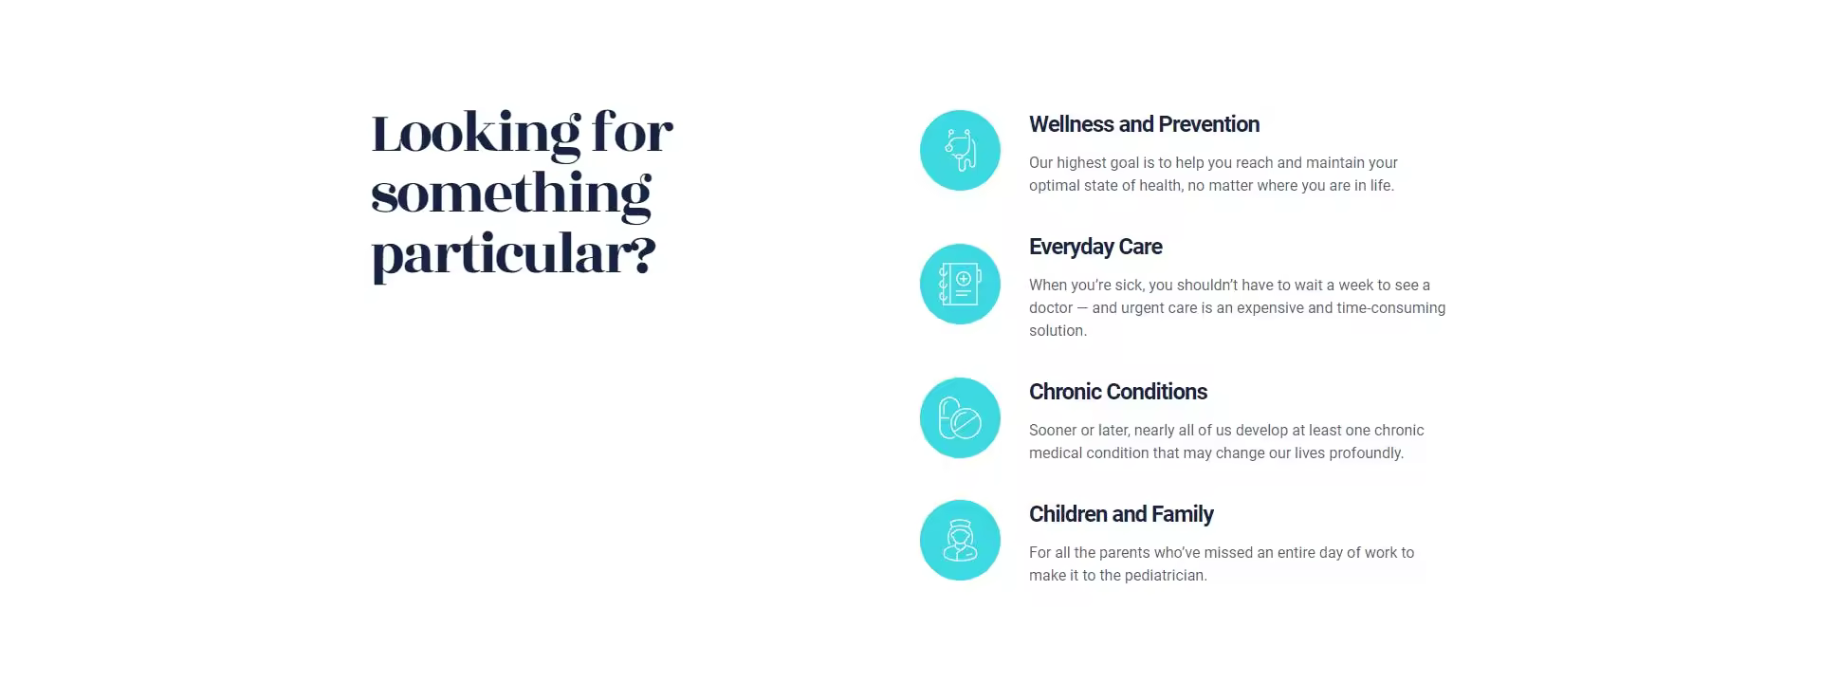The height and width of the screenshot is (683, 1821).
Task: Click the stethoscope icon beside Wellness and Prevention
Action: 960,150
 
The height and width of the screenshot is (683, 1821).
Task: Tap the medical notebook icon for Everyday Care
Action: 960,284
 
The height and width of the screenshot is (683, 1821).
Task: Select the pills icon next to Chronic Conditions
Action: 960,417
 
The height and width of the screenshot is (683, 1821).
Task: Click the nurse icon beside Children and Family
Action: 960,540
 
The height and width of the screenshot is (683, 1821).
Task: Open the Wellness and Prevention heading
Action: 1144,124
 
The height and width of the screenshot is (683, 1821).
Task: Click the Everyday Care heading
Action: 1095,247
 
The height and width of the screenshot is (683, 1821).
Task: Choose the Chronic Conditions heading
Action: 1118,392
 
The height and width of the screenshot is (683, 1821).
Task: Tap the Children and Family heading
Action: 1121,514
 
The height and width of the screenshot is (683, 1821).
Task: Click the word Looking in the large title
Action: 475,134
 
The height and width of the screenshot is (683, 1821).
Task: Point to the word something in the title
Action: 511,194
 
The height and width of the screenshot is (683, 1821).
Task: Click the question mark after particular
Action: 644,254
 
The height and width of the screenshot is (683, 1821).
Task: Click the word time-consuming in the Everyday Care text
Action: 1391,308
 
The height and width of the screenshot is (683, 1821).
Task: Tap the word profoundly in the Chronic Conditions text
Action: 1367,453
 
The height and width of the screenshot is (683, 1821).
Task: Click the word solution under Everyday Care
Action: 1058,331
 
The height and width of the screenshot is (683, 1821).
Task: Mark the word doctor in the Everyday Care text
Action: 1051,308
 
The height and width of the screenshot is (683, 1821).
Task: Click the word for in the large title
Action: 633,132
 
